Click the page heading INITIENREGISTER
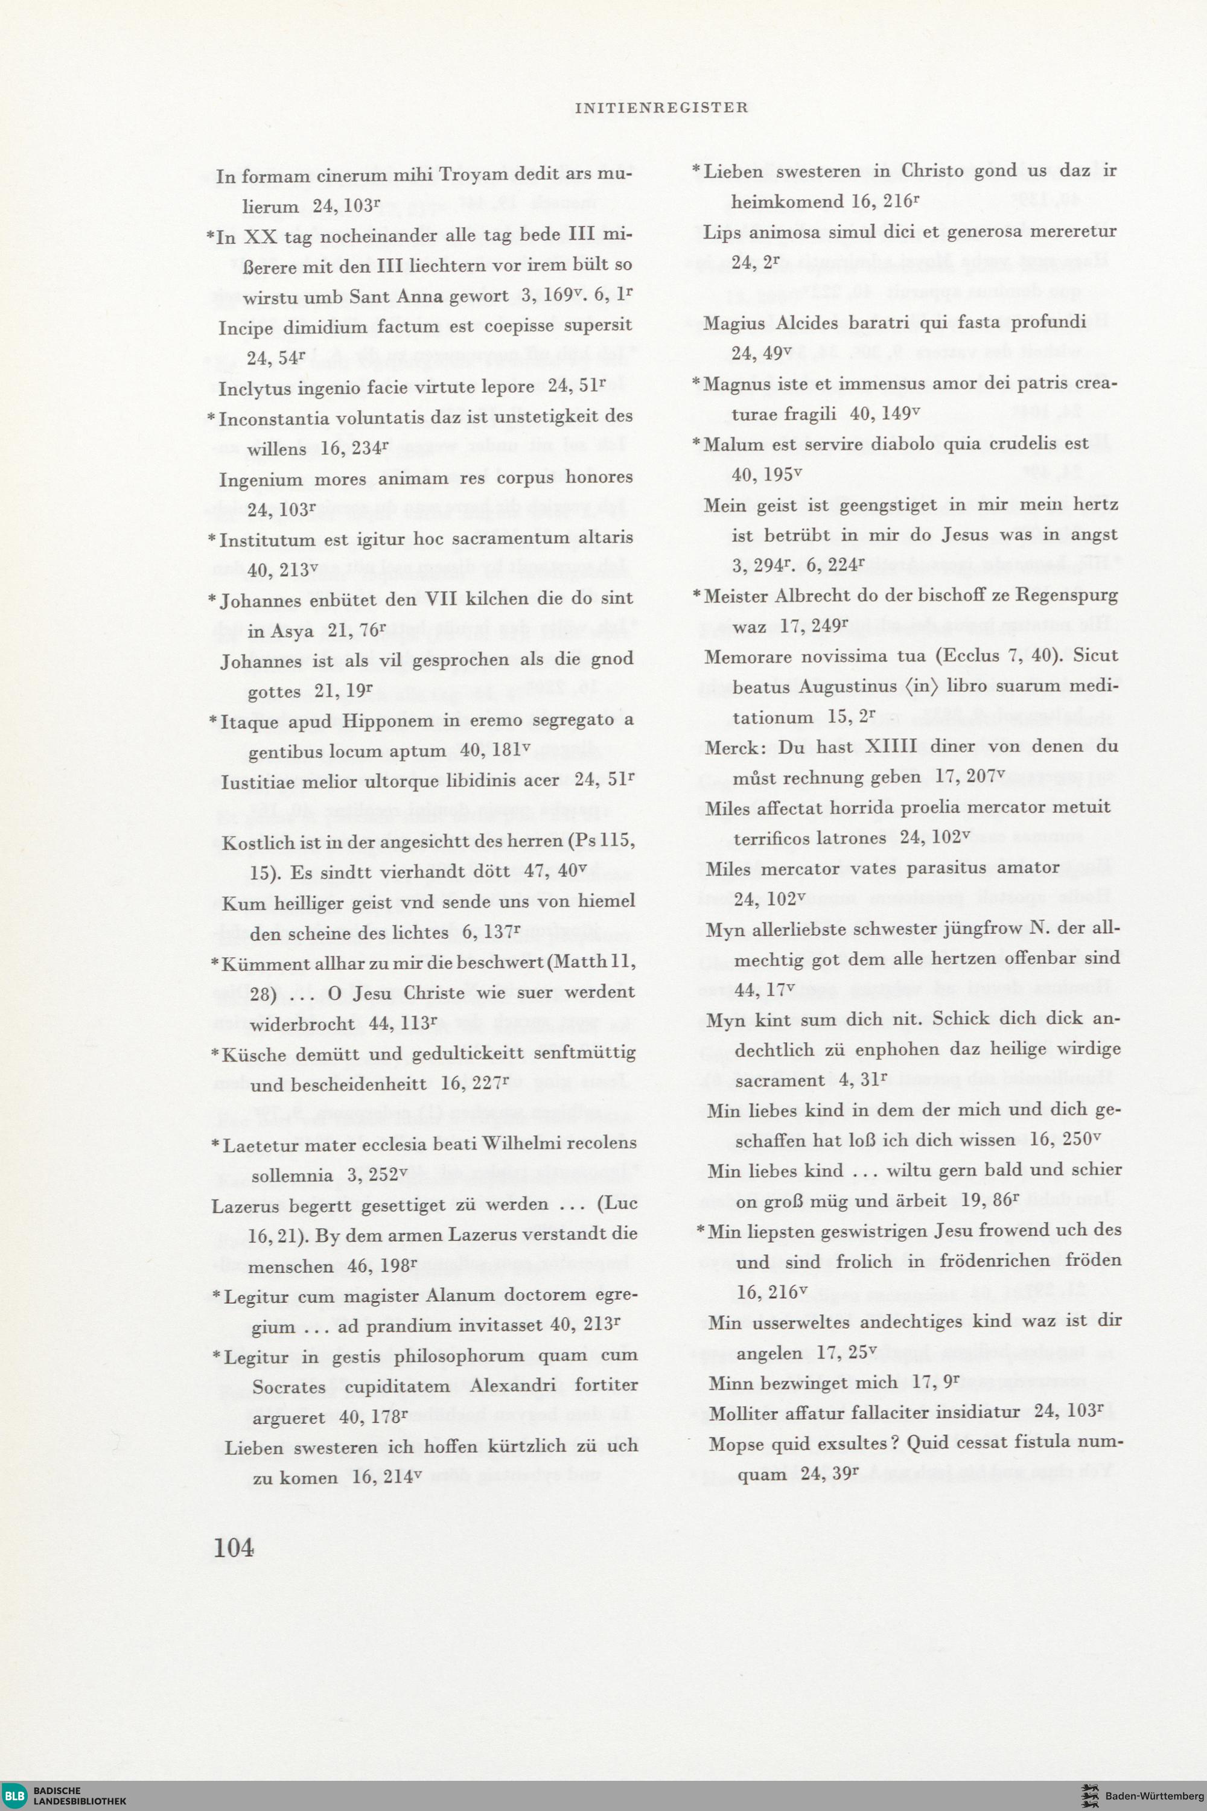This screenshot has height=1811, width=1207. [x=661, y=108]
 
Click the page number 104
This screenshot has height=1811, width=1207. [x=234, y=1547]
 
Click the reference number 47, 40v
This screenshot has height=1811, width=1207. [x=555, y=872]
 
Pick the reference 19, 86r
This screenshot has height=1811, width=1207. [x=986, y=1199]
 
